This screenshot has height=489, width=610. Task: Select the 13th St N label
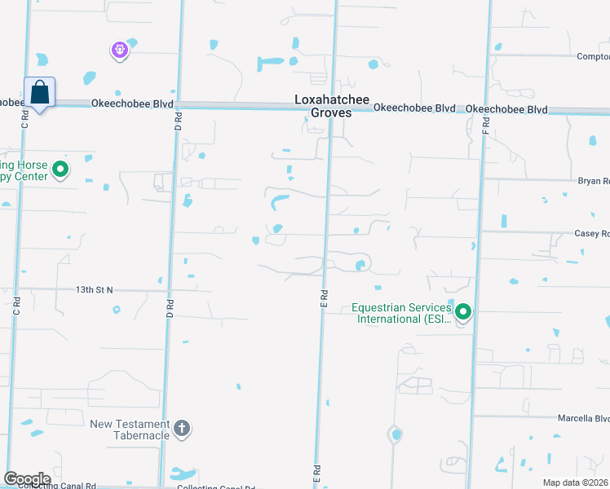pos(95,289)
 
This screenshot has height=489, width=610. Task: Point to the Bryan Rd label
pos(594,181)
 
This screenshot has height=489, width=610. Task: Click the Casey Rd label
pos(592,233)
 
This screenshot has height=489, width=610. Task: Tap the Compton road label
pos(593,56)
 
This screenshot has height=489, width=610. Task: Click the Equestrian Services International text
pos(401,313)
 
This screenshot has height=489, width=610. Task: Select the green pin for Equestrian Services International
pos(463,311)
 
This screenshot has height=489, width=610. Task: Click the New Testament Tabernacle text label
pos(130,430)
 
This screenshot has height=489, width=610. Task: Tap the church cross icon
pos(181,427)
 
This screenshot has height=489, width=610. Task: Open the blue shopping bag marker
pos(39,94)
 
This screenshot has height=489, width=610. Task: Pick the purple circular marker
pos(119,51)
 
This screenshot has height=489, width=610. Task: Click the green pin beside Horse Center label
pos(60,170)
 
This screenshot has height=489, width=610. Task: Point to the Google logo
pos(27,479)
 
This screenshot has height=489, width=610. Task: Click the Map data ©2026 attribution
pos(576,482)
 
